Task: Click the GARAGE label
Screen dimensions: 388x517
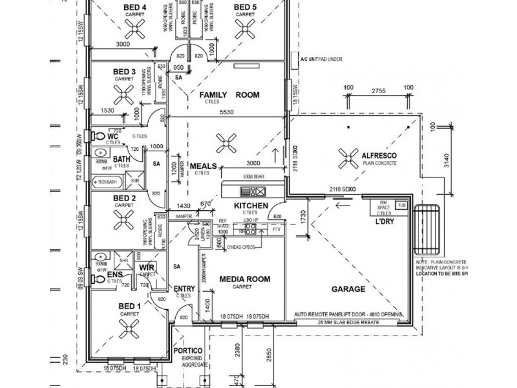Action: [348, 289]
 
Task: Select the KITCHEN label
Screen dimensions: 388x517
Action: [251, 206]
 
